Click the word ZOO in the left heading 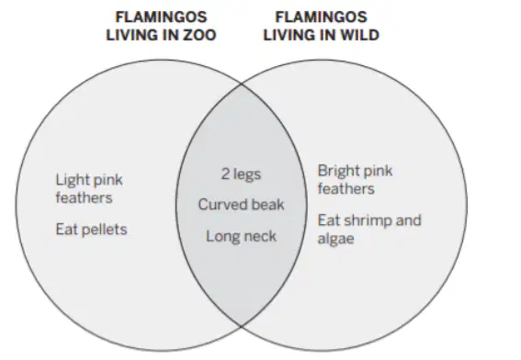coord(199,35)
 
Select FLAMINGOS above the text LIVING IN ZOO coord(161,17)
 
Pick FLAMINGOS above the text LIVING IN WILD coord(322,17)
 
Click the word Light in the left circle coord(69,180)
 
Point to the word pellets coord(105,230)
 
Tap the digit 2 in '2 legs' coord(225,174)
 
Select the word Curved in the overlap coord(219,205)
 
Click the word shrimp coord(368,220)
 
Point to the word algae coord(335,239)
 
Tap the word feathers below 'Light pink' coord(84,198)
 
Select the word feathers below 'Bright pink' coord(346,189)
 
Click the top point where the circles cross coord(242,84)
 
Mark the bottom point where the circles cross coord(242,326)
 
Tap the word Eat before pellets coord(67,230)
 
